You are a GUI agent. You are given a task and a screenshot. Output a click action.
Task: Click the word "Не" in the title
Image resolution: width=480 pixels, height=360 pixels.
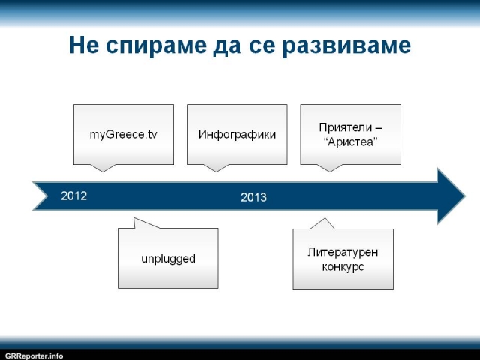tap(84, 45)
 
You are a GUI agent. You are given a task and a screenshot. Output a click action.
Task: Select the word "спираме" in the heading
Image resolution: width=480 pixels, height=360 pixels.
tap(156, 46)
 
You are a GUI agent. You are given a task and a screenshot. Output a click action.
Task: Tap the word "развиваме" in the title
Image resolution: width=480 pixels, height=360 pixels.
tap(346, 46)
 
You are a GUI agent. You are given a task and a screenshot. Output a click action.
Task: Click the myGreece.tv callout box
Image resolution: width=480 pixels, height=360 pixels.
tap(124, 135)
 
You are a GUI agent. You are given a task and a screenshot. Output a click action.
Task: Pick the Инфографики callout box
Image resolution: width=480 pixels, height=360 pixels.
tap(237, 135)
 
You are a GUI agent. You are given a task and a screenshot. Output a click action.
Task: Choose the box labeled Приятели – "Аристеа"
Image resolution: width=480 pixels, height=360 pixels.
tap(350, 135)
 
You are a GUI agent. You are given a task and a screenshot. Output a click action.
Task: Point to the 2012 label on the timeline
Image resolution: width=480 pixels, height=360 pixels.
tap(73, 196)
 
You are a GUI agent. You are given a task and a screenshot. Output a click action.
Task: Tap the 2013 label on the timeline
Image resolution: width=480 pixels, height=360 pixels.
tap(253, 197)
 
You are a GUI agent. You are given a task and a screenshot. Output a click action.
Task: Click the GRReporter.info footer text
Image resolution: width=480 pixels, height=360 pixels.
tap(34, 356)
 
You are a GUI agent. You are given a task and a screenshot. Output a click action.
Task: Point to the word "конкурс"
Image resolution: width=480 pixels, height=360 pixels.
tap(343, 267)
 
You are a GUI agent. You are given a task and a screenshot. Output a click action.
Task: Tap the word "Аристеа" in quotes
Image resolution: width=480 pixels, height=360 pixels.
tap(350, 142)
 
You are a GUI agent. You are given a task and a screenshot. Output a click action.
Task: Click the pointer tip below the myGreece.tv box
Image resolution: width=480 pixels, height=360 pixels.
tap(103, 172)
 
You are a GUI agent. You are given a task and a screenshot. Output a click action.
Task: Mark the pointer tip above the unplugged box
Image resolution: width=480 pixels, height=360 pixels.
tap(134, 218)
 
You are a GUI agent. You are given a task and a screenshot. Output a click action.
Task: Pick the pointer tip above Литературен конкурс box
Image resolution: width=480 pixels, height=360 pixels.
tap(325, 218)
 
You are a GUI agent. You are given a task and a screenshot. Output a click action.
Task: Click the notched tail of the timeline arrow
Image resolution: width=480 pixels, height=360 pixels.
tap(47, 196)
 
